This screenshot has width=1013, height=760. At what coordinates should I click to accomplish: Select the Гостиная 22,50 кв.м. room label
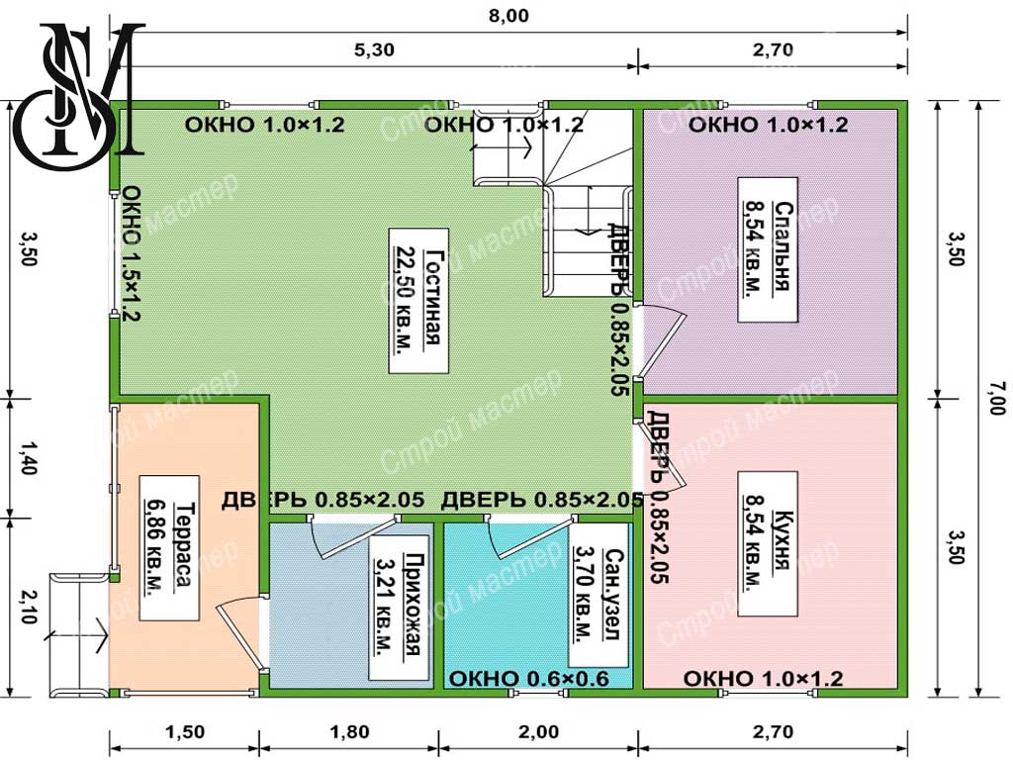point(418,301)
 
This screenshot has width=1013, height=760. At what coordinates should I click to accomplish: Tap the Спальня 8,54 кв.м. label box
point(768,249)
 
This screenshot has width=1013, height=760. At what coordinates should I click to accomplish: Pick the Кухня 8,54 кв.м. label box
point(768,543)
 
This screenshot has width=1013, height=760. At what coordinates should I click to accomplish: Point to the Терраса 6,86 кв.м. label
point(168,548)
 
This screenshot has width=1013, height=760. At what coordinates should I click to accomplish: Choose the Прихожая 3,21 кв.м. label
point(399,607)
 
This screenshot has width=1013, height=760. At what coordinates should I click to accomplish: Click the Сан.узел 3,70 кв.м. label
point(599,595)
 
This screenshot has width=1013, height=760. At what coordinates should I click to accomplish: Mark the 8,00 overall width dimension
point(508,16)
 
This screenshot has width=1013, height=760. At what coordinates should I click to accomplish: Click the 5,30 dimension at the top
point(374,49)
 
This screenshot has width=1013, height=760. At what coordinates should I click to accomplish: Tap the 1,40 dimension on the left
point(27,457)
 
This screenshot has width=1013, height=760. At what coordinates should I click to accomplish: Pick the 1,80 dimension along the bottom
point(349,731)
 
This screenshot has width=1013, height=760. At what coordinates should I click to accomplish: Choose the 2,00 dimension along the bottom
point(539,731)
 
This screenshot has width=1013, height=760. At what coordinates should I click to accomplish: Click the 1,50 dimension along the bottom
point(185,731)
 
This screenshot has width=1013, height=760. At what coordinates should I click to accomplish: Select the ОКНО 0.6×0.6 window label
point(528,679)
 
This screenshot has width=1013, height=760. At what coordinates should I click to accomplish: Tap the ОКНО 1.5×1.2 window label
point(132,252)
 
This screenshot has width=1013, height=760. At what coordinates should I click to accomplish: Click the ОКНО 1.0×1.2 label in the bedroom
point(768,124)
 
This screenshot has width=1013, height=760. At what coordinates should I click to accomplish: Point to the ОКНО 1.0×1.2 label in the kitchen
point(763,679)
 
